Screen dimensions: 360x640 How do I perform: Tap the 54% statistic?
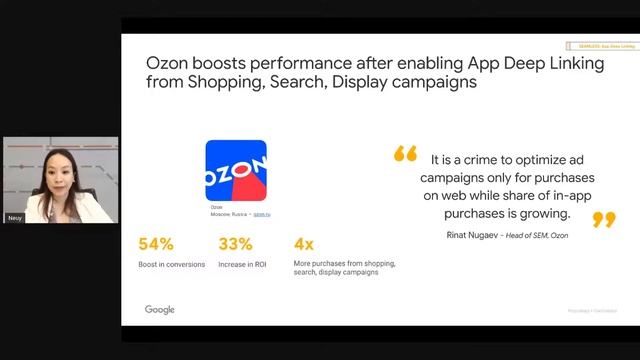(156, 243)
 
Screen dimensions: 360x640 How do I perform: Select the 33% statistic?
(235, 243)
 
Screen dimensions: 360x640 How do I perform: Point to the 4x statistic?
(304, 243)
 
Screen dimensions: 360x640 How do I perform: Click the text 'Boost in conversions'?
(172, 264)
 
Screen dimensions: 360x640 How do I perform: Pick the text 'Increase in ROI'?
(241, 264)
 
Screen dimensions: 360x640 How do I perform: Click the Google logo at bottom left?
(160, 310)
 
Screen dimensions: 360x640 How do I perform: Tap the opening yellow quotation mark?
(405, 154)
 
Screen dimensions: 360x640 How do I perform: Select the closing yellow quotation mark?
(604, 218)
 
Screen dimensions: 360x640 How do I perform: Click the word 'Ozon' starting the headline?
(170, 62)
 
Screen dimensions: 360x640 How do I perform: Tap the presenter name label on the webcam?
(14, 217)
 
